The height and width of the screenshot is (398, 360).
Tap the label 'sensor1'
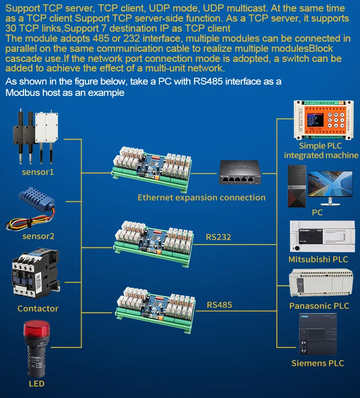click(x=38, y=171)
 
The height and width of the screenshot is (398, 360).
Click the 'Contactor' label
click(x=38, y=308)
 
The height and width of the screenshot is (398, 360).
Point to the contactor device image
click(x=36, y=273)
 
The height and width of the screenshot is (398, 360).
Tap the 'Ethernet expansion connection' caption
click(x=201, y=197)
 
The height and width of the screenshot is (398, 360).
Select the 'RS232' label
click(x=219, y=236)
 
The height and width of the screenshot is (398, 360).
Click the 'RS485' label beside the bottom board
click(x=219, y=304)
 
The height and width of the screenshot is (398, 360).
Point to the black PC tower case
click(x=297, y=186)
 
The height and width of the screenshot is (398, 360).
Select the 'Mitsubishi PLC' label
click(x=318, y=259)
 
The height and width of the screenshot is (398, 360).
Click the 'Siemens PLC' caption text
click(x=318, y=363)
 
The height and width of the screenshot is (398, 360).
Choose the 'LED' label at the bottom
click(x=36, y=384)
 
